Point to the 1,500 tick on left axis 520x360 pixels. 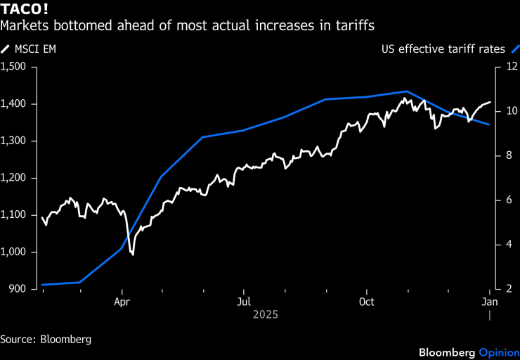(x=13, y=67)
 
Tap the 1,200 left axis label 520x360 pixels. (x=13, y=178)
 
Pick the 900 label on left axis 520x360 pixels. (x=17, y=289)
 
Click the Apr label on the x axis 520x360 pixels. (x=122, y=302)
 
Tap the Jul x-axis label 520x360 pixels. (x=243, y=302)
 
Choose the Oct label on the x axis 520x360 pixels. (x=366, y=302)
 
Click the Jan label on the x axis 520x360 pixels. (x=489, y=302)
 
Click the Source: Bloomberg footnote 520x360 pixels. (x=46, y=339)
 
